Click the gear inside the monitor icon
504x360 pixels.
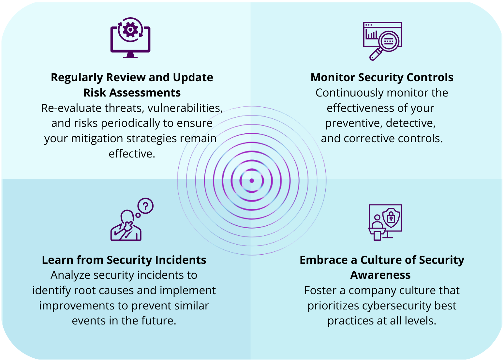[130, 30]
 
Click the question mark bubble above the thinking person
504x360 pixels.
[145, 206]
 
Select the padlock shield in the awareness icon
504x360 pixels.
[391, 217]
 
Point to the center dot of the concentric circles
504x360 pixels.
[252, 181]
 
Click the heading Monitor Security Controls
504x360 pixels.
[382, 78]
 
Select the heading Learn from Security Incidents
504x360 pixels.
[124, 260]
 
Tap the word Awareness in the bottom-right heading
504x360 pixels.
[380, 275]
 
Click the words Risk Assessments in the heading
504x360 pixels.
[132, 93]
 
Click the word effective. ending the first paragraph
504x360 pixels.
[132, 154]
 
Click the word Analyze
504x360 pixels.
[70, 275]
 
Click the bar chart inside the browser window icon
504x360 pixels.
[371, 34]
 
